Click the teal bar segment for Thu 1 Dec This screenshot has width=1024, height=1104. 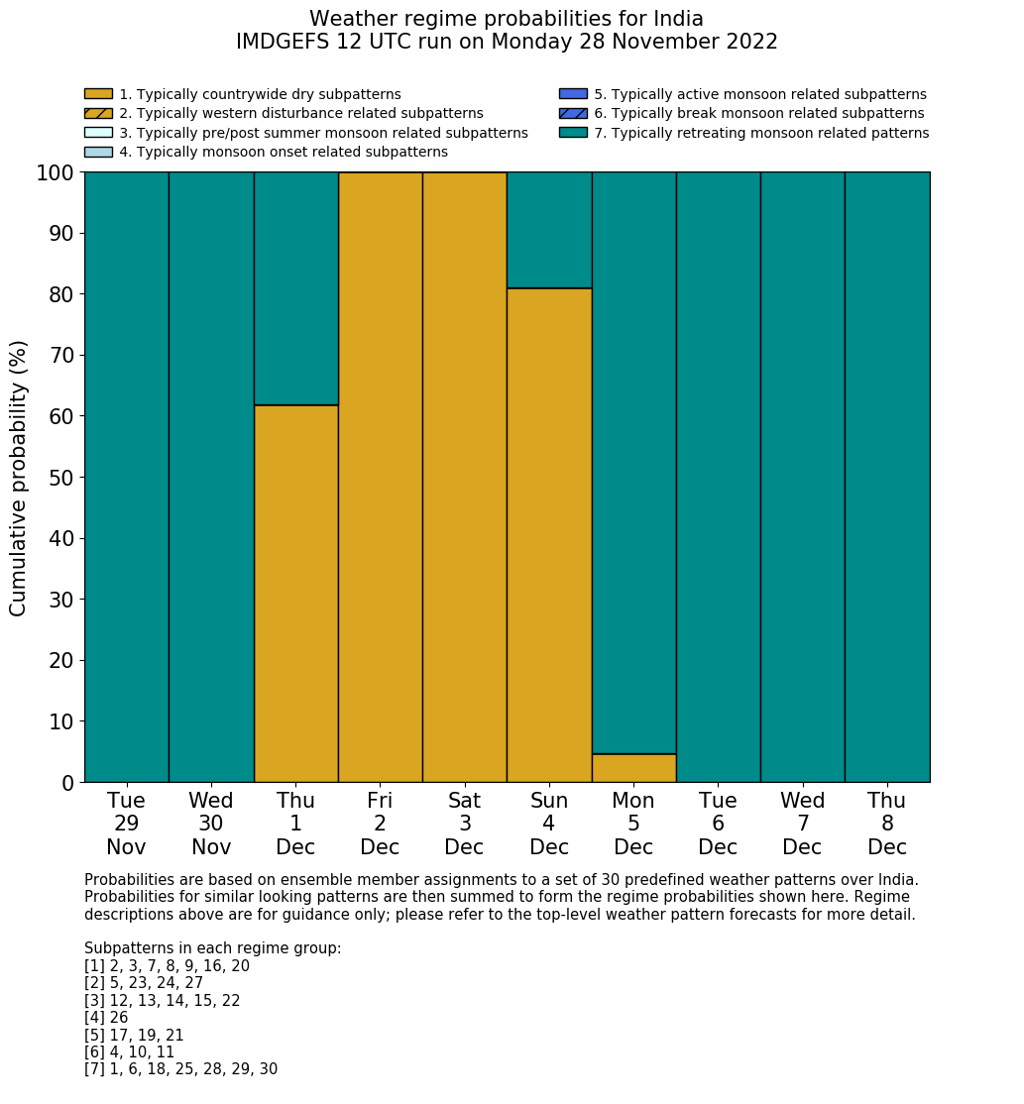coord(295,288)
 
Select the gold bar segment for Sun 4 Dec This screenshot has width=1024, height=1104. coord(549,535)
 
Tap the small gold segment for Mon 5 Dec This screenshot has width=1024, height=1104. coord(633,768)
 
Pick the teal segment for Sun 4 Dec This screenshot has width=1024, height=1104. coord(549,230)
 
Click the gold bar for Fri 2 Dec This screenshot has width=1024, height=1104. coord(381,477)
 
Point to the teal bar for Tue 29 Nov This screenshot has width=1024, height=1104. coord(126,477)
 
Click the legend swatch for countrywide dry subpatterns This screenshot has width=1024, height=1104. coord(98,94)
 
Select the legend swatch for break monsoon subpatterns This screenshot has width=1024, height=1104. coord(573,114)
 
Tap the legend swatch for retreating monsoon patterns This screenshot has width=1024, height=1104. coord(573,133)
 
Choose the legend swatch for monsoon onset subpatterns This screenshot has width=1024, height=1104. coord(98,152)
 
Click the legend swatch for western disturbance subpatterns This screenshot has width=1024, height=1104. coord(98,114)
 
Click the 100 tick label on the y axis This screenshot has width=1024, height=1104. coord(56,173)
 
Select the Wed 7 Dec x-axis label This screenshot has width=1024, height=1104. coord(802,824)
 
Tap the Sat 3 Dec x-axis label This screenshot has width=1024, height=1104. coord(464,824)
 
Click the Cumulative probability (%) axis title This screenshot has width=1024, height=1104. coord(19,478)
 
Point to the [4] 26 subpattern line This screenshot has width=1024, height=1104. coord(106,1018)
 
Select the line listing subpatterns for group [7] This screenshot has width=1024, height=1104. coord(180,1069)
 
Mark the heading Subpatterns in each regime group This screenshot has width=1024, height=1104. coord(212,948)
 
